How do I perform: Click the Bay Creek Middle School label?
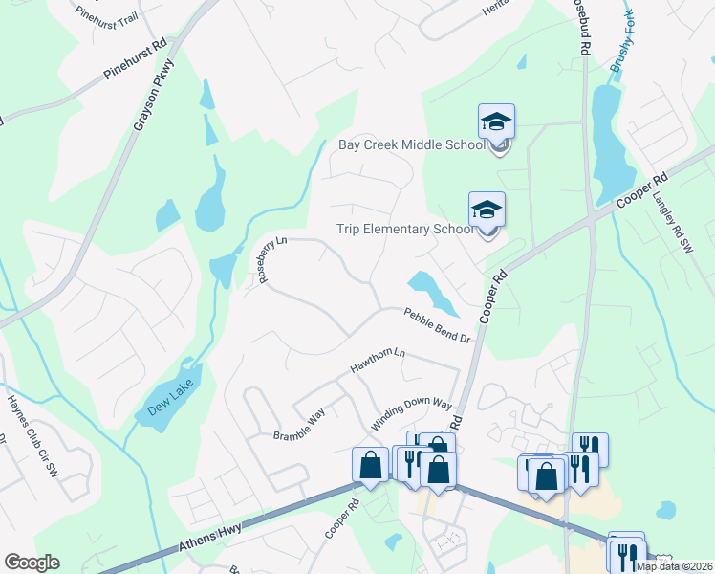point(412,145)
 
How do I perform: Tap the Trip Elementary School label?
point(405,229)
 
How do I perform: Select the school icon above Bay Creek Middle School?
point(496,122)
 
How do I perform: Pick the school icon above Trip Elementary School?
point(487,210)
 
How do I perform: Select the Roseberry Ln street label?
point(267,257)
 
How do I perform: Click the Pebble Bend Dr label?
point(437,324)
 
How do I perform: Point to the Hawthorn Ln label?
point(378,361)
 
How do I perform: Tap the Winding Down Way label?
point(411,416)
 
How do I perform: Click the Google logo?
point(32,563)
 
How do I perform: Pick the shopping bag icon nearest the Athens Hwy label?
point(370,465)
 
